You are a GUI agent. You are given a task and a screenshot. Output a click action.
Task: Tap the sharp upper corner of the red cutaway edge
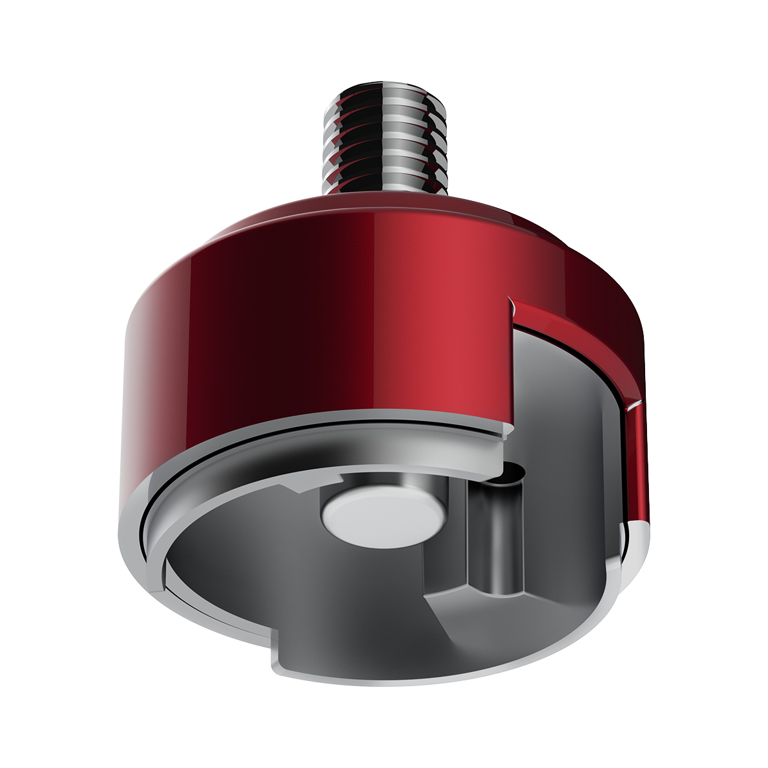tap(509, 298)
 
